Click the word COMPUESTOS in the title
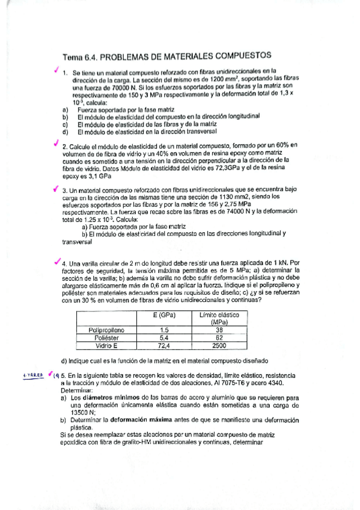(237, 55)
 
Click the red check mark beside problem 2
(56, 144)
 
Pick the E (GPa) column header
(163, 318)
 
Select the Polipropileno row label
(106, 330)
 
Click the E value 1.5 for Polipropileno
(163, 330)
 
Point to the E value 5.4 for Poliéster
(163, 337)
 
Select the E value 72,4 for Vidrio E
(163, 345)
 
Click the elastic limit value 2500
(219, 345)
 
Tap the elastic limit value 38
(219, 330)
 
